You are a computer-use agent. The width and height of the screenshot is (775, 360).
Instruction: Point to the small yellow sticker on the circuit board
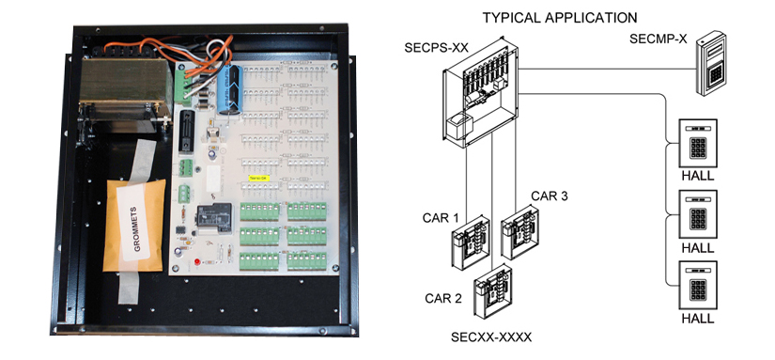[x=256, y=175]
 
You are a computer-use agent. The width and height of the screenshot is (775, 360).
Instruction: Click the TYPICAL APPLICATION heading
[x=559, y=17]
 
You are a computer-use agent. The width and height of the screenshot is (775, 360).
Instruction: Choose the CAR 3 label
[x=550, y=196]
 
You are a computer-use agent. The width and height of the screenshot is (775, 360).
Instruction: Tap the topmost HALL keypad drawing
[x=697, y=143]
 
